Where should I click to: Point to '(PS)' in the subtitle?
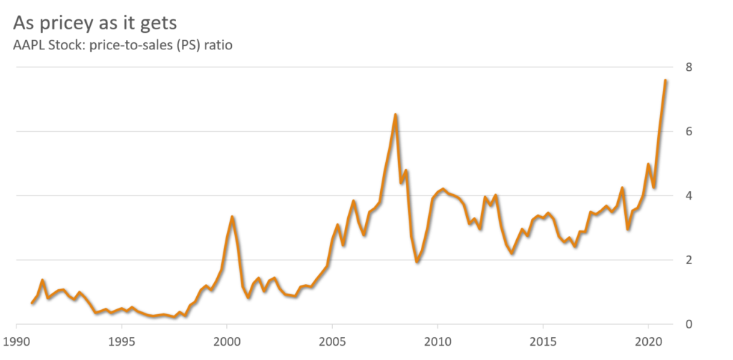tap(189, 45)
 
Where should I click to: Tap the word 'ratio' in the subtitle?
tap(219, 45)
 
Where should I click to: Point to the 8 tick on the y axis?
tap(688, 67)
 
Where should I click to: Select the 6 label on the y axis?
tap(688, 132)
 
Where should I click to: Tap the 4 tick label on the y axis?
tap(688, 195)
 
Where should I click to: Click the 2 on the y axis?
tap(688, 260)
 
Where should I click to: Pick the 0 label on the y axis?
tap(688, 324)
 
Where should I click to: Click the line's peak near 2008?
tap(395, 114)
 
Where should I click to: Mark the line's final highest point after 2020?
tap(665, 79)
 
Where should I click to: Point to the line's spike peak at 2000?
tap(231, 215)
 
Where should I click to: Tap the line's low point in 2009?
tap(417, 262)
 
